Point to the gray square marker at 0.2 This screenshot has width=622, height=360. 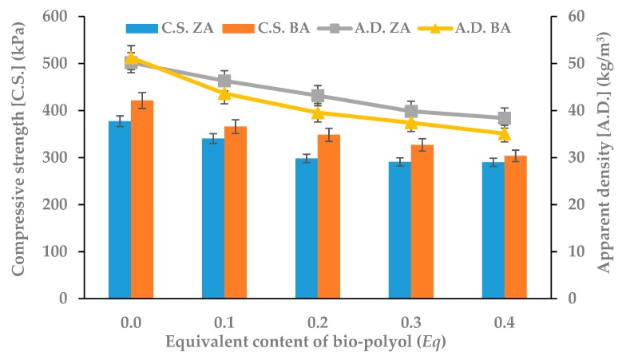coord(317,96)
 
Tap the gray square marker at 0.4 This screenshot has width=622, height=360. coord(504,118)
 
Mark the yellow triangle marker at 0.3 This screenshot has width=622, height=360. coord(410,123)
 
